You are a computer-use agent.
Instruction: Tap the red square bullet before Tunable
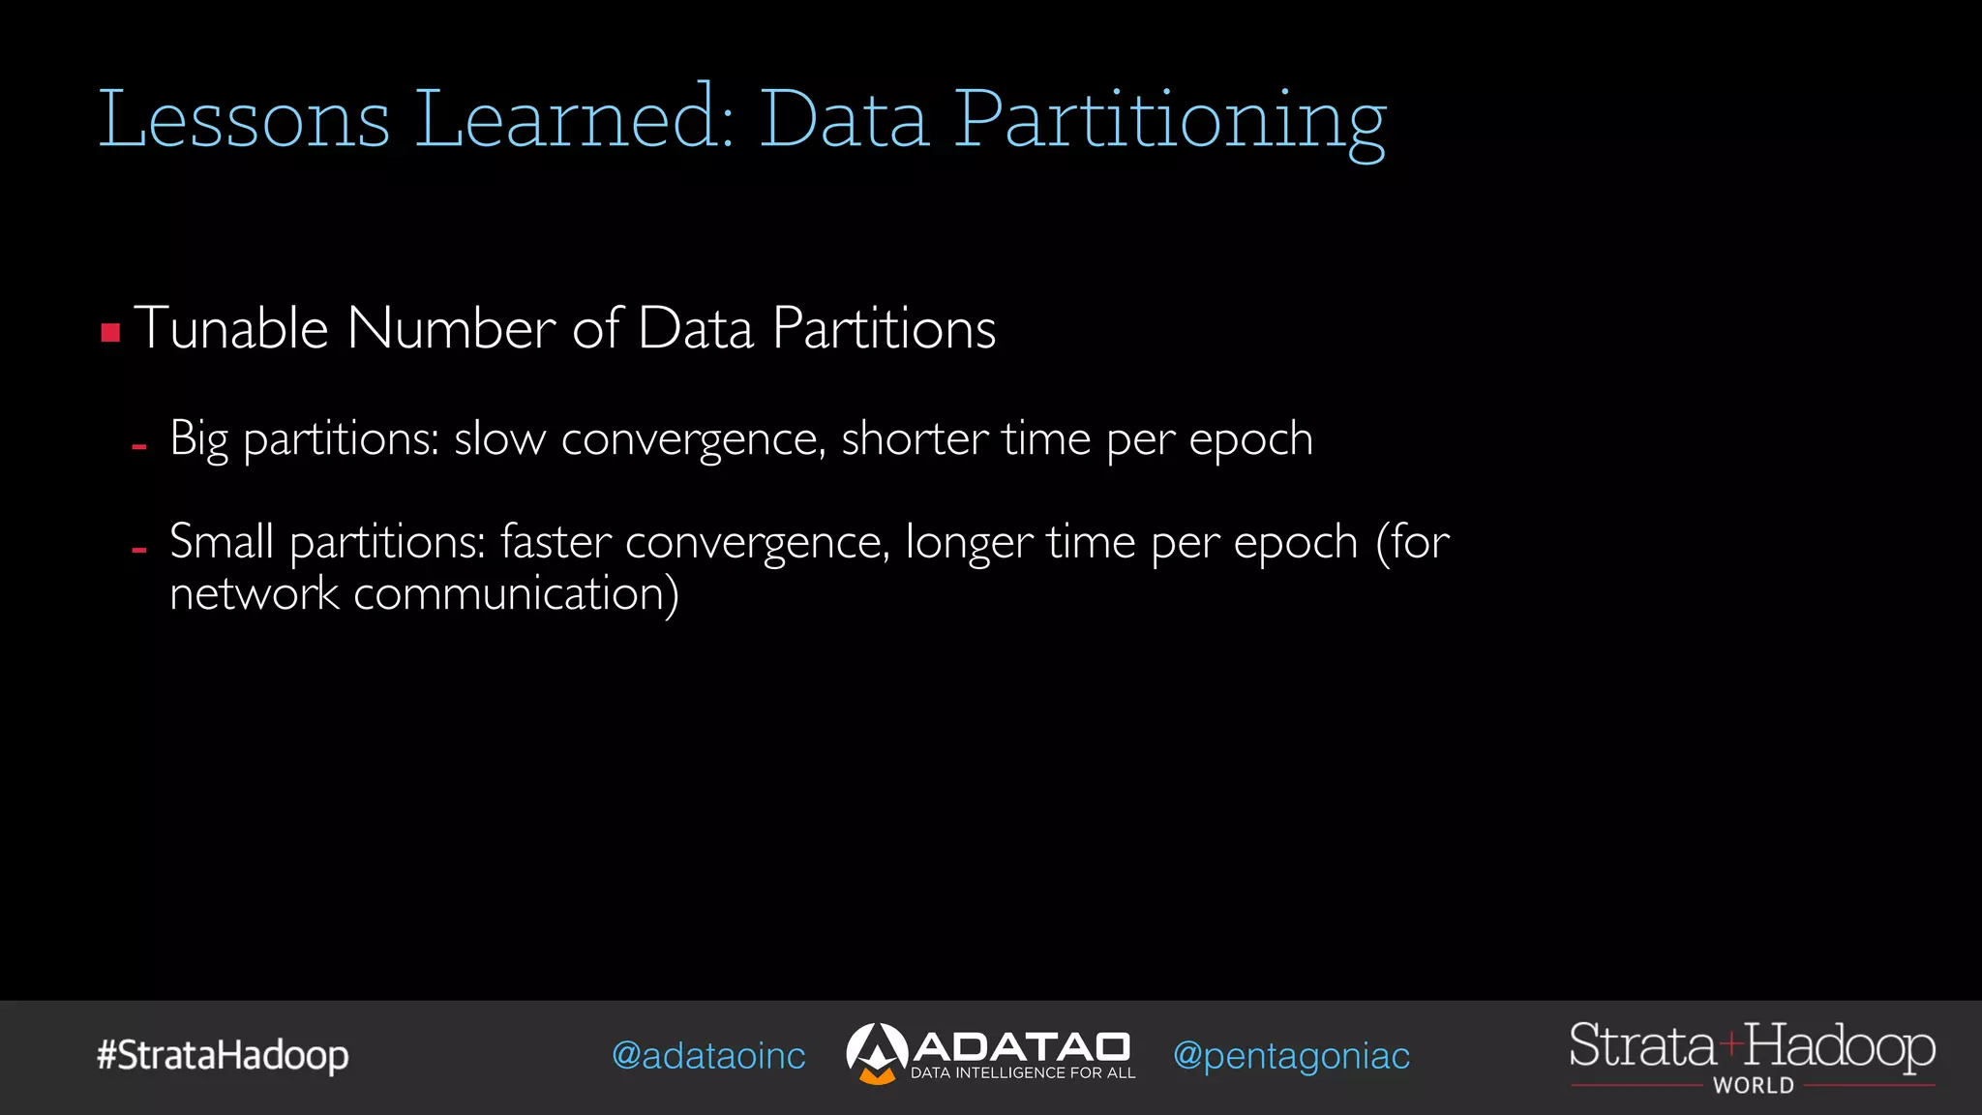(x=110, y=333)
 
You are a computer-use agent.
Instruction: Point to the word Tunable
(x=231, y=328)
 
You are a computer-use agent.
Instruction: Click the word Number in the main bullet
(x=450, y=328)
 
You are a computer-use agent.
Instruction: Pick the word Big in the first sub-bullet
(x=198, y=439)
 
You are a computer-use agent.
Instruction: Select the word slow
(x=499, y=439)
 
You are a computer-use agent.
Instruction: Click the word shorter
(x=915, y=439)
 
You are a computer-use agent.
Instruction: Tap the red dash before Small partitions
(x=139, y=549)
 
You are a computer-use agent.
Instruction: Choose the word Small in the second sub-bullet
(x=222, y=541)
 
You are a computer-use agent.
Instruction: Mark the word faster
(x=556, y=541)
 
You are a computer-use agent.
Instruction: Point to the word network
(x=254, y=593)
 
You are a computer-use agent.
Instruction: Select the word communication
(x=516, y=593)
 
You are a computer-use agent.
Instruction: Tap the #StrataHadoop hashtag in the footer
(x=223, y=1055)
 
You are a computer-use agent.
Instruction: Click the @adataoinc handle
(x=708, y=1056)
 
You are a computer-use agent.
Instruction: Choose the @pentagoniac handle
(x=1291, y=1056)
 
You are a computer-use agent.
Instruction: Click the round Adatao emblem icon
(x=876, y=1053)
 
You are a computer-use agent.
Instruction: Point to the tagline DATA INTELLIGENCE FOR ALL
(x=1023, y=1073)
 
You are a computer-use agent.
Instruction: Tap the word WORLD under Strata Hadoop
(x=1753, y=1086)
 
